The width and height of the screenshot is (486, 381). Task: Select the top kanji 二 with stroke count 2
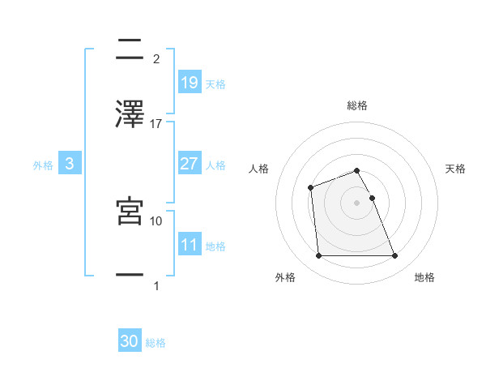[130, 50]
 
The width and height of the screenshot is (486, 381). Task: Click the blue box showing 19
[189, 82]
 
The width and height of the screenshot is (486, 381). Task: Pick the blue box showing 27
[189, 164]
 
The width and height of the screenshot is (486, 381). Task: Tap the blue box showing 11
[189, 245]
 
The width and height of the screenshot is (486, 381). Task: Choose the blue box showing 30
[130, 341]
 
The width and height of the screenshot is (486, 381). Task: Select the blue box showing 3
[70, 164]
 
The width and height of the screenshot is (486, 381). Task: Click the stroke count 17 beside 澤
[156, 123]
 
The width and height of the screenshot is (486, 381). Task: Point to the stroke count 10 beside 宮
[156, 220]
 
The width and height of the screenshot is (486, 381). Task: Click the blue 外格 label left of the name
[43, 165]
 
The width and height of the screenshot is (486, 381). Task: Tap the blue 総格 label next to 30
[156, 343]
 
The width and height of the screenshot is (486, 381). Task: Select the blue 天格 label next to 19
[215, 83]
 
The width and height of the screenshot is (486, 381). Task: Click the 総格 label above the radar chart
[357, 105]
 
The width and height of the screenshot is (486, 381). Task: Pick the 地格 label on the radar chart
[424, 277]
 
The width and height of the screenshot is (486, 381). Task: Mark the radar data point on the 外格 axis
[318, 256]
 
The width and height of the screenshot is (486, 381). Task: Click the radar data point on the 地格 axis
[394, 256]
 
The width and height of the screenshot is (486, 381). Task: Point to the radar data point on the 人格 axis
[311, 188]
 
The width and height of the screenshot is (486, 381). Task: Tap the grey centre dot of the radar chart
[356, 203]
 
